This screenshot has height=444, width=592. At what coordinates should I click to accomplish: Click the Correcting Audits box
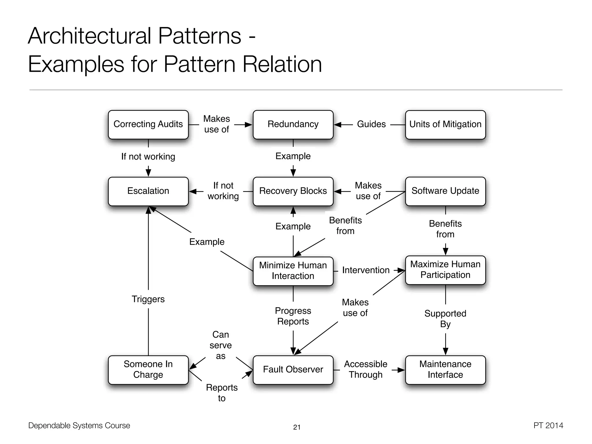pos(148,124)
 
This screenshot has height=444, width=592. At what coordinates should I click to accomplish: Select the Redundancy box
pos(293,124)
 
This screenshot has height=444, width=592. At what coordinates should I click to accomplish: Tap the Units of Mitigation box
pos(445,124)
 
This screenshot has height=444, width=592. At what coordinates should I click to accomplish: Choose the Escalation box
pos(148,191)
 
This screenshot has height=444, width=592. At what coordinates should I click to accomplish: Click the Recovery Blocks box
pos(293,191)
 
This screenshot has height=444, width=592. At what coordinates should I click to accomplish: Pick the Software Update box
pos(445,191)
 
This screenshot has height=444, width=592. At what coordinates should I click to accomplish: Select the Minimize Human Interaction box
pos(293,271)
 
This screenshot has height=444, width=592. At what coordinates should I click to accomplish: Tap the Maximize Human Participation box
pos(445,270)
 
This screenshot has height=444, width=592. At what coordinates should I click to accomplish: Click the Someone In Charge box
pos(148,369)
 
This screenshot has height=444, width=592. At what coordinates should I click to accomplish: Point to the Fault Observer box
pos(293,369)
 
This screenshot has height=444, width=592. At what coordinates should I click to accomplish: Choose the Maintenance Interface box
pos(445,369)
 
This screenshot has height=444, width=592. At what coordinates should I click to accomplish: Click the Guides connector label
pos(371,124)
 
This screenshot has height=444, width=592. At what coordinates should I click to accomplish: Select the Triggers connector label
pos(148,299)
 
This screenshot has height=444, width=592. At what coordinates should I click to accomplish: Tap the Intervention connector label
pos(366,270)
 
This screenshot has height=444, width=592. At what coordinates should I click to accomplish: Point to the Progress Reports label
pos(293,316)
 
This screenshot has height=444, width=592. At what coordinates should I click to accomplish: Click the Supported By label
pos(445,319)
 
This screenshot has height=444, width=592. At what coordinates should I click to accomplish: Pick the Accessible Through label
pos(365,369)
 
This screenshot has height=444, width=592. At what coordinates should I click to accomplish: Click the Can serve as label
pos(221,345)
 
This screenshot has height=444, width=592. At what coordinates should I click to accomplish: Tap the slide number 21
pos(297,427)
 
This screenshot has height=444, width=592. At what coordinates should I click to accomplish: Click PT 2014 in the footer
pos(548,425)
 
